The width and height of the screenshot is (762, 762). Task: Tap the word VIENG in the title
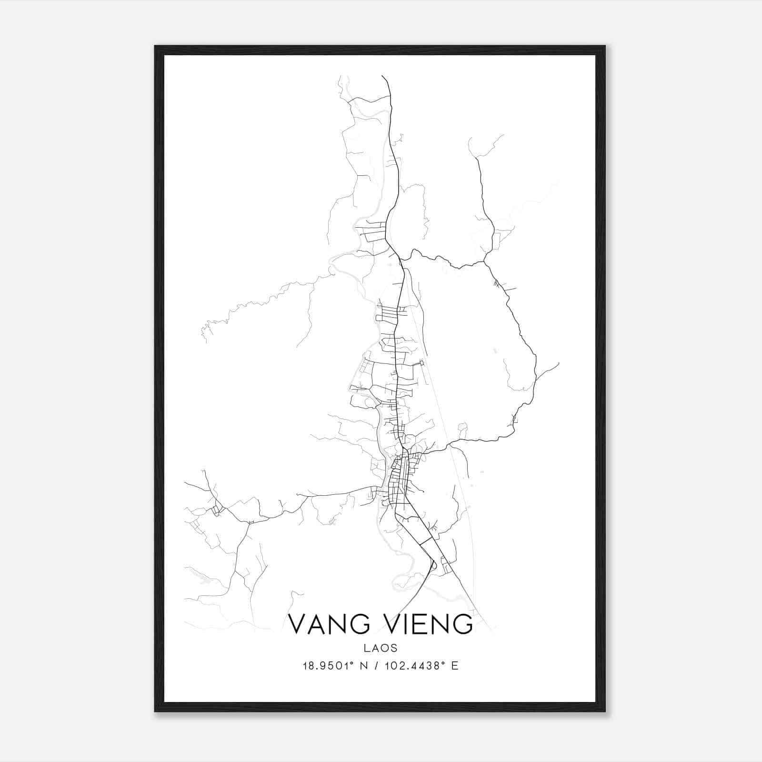pos(431,624)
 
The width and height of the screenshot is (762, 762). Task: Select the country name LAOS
pos(381,648)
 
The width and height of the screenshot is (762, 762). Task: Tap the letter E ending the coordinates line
pos(455,666)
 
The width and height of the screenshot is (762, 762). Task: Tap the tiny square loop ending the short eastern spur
pos(421,363)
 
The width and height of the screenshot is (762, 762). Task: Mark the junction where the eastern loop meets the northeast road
pos(484,261)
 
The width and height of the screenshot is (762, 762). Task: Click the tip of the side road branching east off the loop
pos(558,363)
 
